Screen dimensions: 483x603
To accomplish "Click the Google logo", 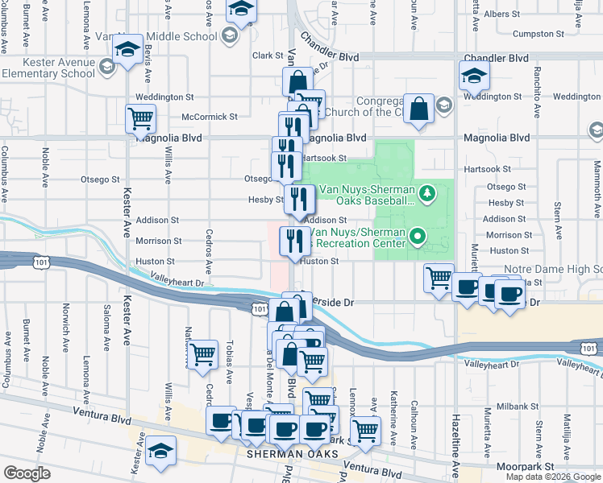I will (27, 473).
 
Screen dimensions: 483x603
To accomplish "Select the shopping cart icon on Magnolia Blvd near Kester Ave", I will (141, 118).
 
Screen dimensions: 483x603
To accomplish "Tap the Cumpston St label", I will (537, 35).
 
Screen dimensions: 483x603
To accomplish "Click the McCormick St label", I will (210, 117).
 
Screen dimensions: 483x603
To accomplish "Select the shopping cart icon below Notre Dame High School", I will (439, 278).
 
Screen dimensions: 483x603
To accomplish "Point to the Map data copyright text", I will (552, 477).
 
